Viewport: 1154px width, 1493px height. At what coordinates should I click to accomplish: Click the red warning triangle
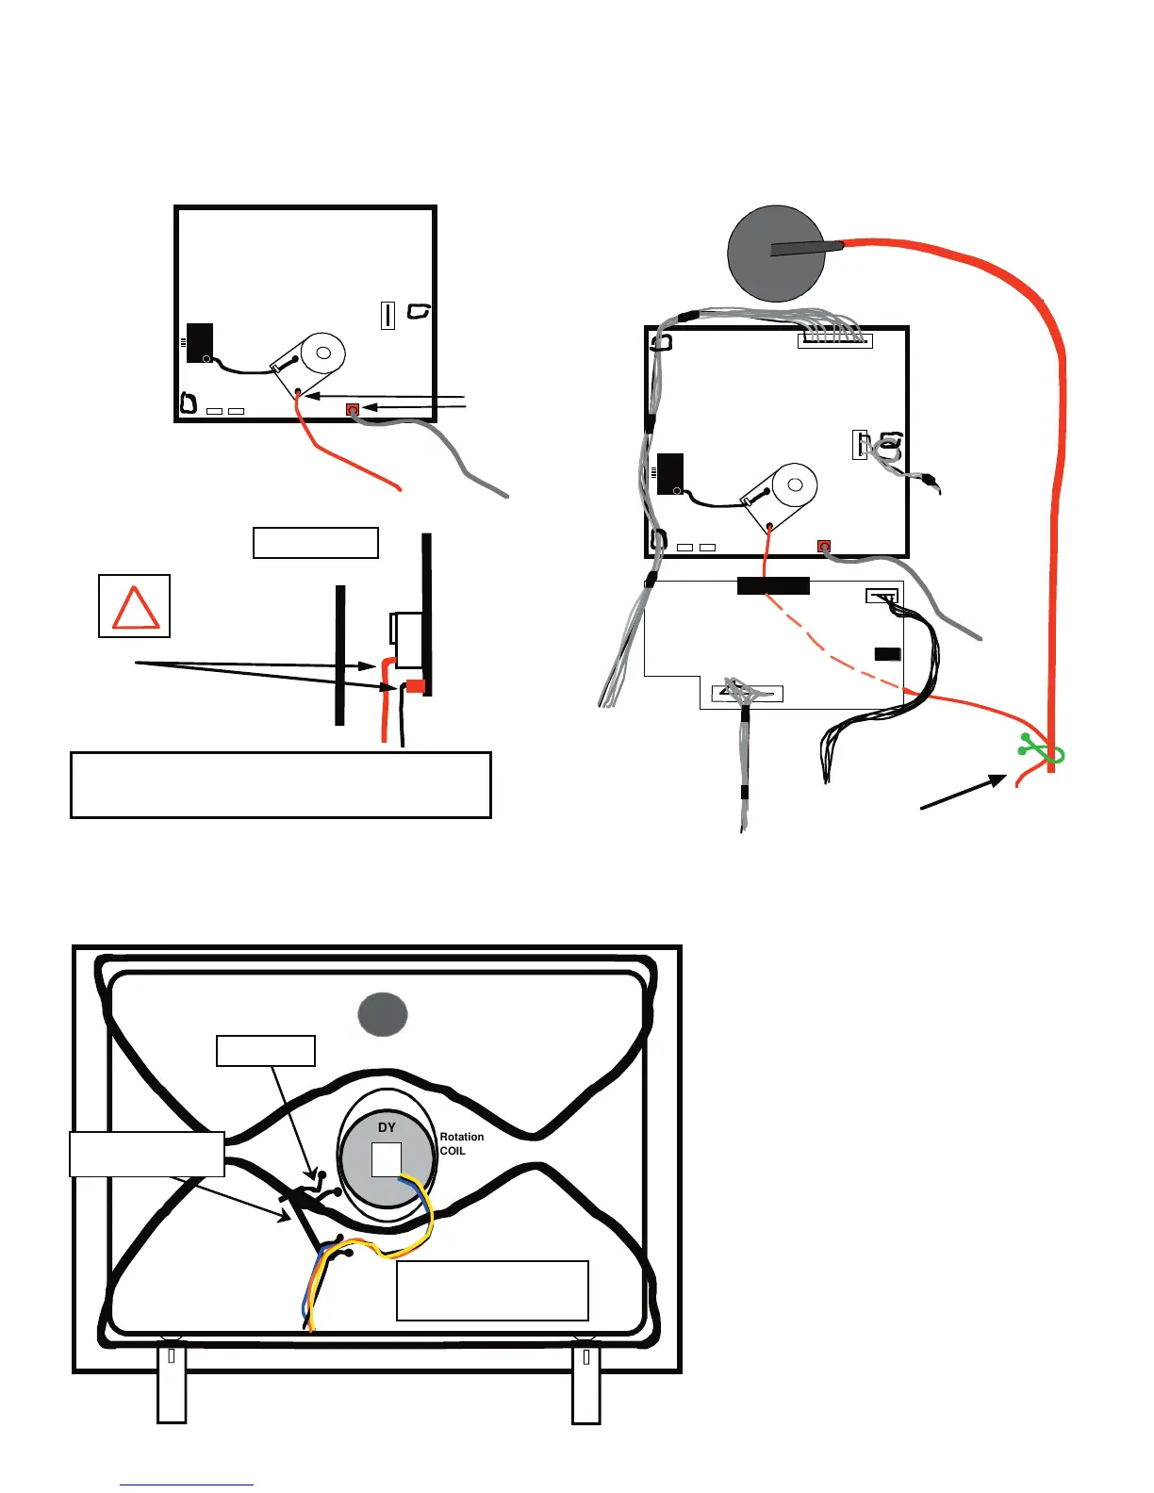click(x=135, y=608)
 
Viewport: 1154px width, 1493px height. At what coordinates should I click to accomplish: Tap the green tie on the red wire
click(x=1042, y=749)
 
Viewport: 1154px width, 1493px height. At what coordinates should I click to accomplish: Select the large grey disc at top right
click(x=776, y=254)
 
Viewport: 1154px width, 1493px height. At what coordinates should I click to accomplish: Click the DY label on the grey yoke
click(x=387, y=1127)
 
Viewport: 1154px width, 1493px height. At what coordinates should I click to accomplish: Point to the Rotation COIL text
click(x=461, y=1143)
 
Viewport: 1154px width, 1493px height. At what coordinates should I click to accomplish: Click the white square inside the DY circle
click(x=387, y=1159)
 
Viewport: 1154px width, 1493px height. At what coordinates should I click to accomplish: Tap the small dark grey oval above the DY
click(x=383, y=1014)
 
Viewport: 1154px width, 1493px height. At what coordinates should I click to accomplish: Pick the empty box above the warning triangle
click(x=316, y=543)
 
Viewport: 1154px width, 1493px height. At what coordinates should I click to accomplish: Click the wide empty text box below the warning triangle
click(x=281, y=785)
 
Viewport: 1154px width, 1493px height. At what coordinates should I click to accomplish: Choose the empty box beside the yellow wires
click(x=492, y=1290)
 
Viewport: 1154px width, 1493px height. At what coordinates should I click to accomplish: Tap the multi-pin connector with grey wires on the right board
click(x=834, y=340)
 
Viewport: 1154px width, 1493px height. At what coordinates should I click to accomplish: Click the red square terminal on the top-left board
click(x=353, y=409)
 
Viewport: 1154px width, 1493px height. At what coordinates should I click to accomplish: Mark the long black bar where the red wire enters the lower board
click(x=773, y=586)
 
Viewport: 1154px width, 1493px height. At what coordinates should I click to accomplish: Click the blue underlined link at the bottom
click(x=187, y=1485)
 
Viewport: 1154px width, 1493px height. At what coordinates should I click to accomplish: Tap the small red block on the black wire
click(x=416, y=685)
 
